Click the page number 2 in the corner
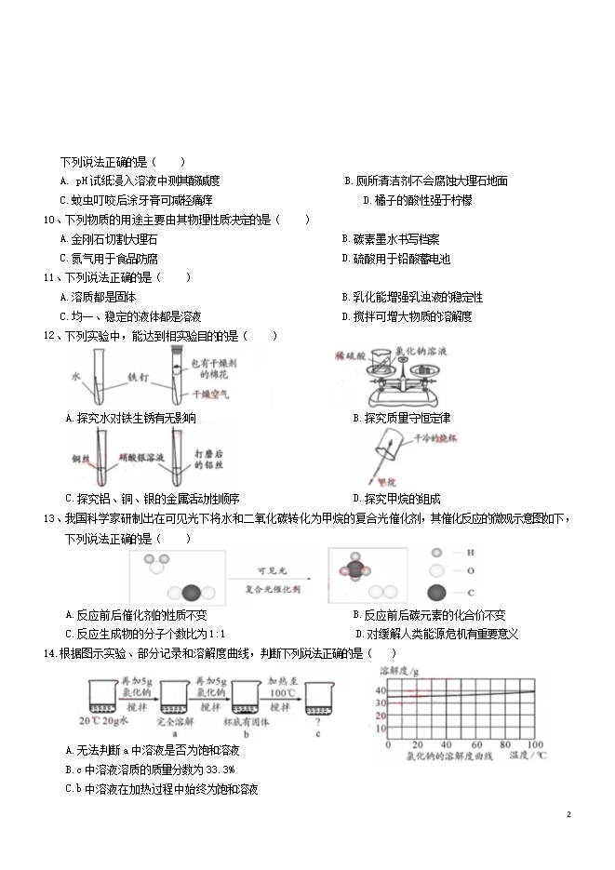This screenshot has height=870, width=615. pos(568,815)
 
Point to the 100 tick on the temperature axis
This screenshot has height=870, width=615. pos(535,745)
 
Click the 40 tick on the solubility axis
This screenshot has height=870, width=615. pos(381,690)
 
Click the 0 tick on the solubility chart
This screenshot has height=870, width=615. pos(384,745)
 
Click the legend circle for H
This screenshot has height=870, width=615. pos(435,554)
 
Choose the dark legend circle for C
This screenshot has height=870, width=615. pos(435,593)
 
